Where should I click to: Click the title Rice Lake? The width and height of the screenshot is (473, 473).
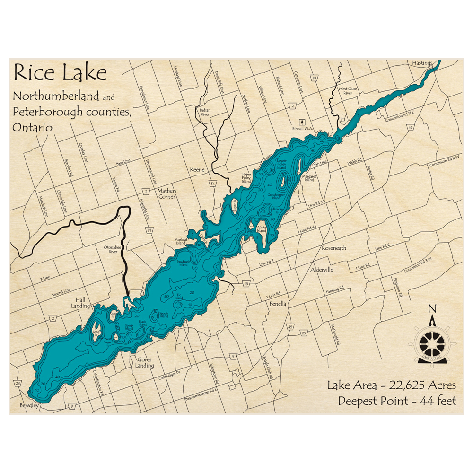[60, 73]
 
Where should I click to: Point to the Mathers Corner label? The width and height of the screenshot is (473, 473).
[167, 193]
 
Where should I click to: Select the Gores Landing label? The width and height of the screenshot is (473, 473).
[144, 362]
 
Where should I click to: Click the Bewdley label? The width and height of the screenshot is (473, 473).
[29, 406]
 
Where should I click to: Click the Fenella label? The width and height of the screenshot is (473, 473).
[278, 304]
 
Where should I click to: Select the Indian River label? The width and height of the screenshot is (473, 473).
[205, 111]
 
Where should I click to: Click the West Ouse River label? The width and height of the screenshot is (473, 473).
[345, 91]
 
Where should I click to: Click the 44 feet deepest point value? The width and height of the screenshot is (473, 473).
[436, 401]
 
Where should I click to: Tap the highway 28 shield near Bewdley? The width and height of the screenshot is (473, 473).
[18, 383]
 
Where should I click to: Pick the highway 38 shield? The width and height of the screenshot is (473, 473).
[314, 78]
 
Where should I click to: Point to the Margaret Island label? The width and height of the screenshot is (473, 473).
[308, 178]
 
